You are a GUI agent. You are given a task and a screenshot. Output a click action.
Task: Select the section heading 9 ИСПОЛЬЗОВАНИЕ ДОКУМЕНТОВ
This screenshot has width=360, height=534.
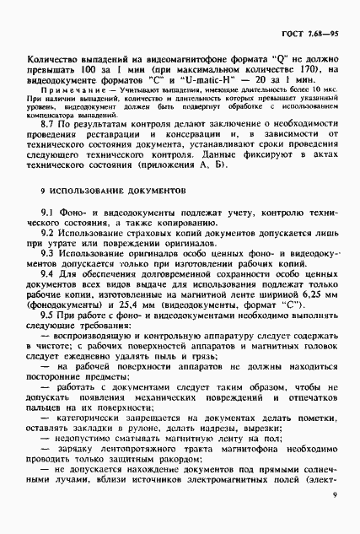(114, 215)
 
